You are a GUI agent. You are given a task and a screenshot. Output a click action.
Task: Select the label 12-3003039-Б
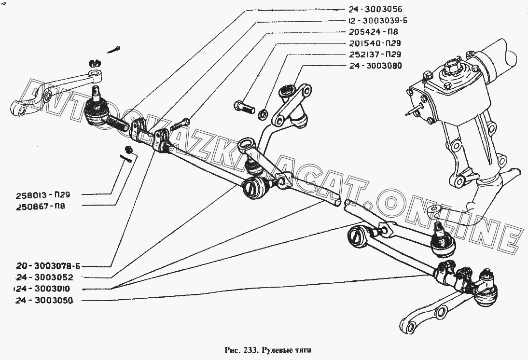375,20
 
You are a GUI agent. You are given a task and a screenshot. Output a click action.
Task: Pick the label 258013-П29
42,194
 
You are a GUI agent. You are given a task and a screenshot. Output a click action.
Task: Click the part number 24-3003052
44,277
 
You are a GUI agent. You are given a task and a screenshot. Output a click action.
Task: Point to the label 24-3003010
44,289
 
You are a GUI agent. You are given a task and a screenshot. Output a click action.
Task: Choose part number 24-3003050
44,300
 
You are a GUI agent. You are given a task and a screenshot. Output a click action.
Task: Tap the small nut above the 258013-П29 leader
128,148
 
